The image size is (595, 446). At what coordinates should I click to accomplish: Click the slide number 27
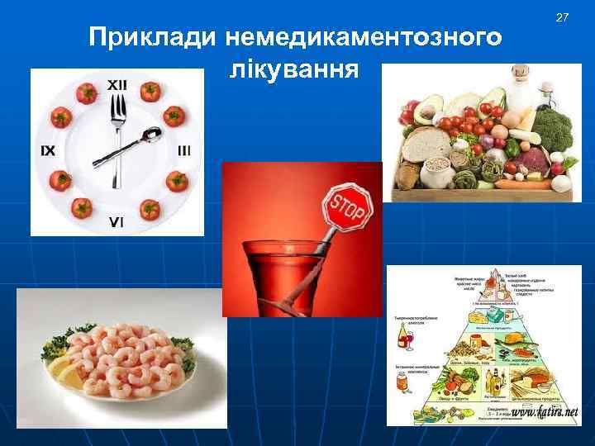562,17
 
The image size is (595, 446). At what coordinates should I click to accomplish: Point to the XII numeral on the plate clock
117,85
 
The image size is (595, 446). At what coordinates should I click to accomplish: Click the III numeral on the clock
183,151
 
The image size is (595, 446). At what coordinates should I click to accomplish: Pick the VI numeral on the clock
117,221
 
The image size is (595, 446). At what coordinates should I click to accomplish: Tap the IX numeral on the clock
49,151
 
